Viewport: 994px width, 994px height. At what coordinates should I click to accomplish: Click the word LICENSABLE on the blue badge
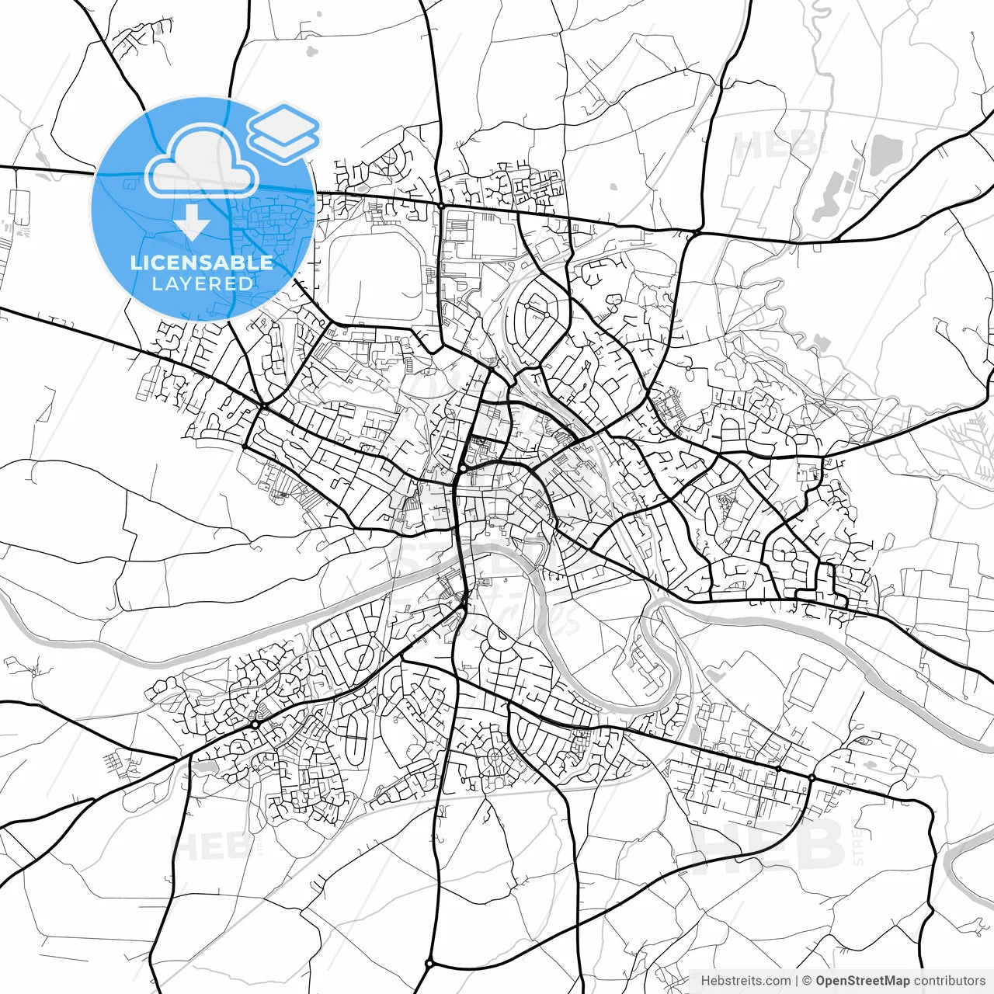[x=202, y=262]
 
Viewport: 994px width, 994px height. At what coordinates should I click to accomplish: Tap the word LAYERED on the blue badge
[x=202, y=283]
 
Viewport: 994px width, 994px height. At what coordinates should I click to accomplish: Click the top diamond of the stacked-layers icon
[x=283, y=123]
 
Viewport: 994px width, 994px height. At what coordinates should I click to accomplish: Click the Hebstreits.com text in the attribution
[x=745, y=981]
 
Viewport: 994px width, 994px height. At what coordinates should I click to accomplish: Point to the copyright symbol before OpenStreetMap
[x=807, y=981]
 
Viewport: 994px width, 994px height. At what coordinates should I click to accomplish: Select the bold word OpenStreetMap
[x=862, y=981]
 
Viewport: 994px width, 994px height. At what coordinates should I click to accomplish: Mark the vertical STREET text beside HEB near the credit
[x=857, y=843]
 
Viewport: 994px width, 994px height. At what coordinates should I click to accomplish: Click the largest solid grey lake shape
[x=884, y=153]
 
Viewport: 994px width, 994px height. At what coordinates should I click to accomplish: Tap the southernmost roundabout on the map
[x=429, y=963]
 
